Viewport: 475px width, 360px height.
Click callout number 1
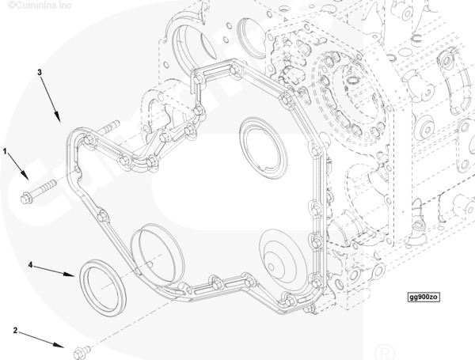(6, 150)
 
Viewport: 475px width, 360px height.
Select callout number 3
(39, 72)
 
